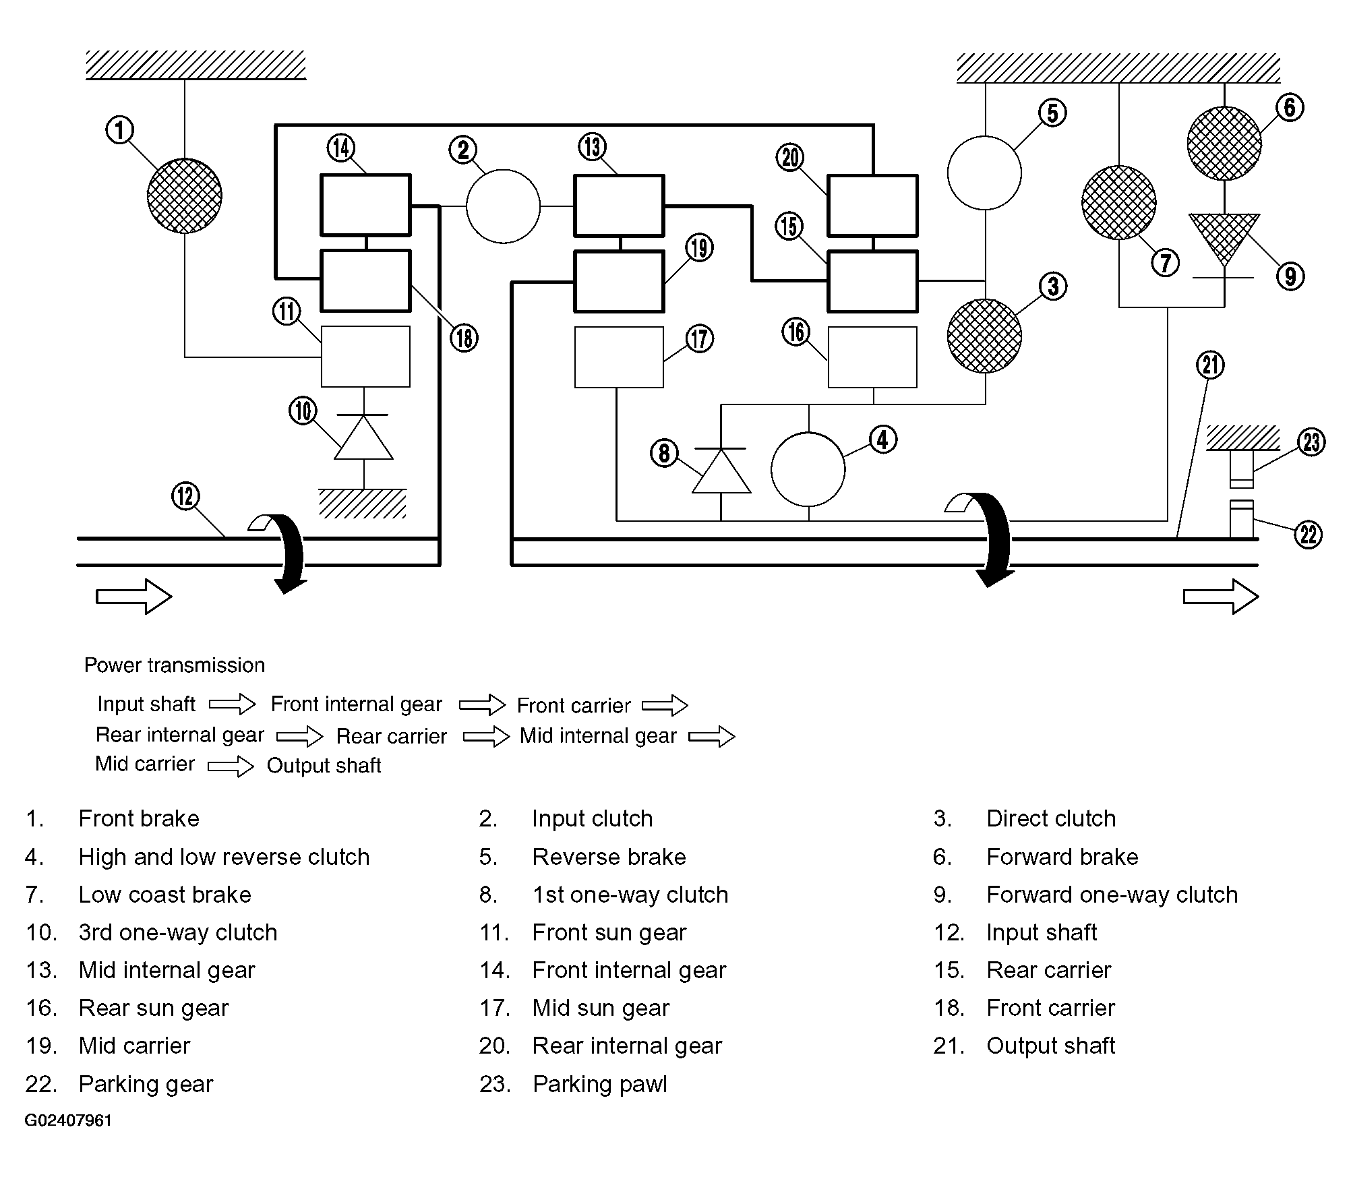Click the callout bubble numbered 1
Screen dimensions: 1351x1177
click(x=120, y=130)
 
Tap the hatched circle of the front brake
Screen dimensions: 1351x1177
click(x=185, y=195)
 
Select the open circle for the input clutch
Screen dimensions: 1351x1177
click(x=503, y=206)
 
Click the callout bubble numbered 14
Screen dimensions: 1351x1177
click(x=341, y=148)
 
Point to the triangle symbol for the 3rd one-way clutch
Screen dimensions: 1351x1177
click(x=364, y=437)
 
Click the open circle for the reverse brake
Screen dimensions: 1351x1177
click(x=984, y=173)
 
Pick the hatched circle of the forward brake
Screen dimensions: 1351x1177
click(x=1224, y=143)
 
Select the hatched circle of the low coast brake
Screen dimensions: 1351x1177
click(x=1119, y=202)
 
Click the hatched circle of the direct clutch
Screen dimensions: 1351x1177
click(x=984, y=336)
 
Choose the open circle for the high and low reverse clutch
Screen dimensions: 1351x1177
click(x=808, y=469)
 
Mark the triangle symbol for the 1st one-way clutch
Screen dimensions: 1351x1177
click(x=721, y=471)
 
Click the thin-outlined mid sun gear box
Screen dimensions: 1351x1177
click(x=619, y=357)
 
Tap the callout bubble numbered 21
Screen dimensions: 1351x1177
click(x=1210, y=365)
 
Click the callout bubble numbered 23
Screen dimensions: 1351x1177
click(x=1311, y=442)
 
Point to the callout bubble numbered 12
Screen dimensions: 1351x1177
click(x=186, y=497)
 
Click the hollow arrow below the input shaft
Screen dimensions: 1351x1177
click(x=134, y=597)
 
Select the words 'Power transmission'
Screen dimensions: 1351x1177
click(x=175, y=665)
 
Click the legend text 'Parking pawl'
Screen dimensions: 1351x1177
click(x=600, y=1085)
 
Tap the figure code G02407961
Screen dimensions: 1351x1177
click(x=69, y=1120)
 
